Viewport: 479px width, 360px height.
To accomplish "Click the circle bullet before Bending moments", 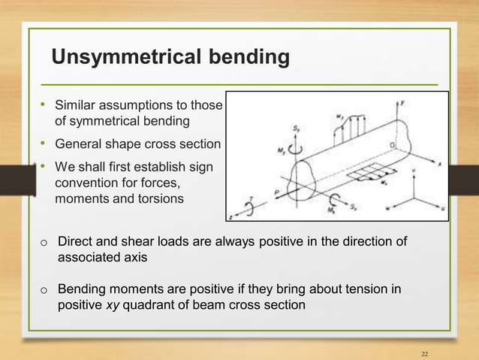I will click(44, 289).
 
